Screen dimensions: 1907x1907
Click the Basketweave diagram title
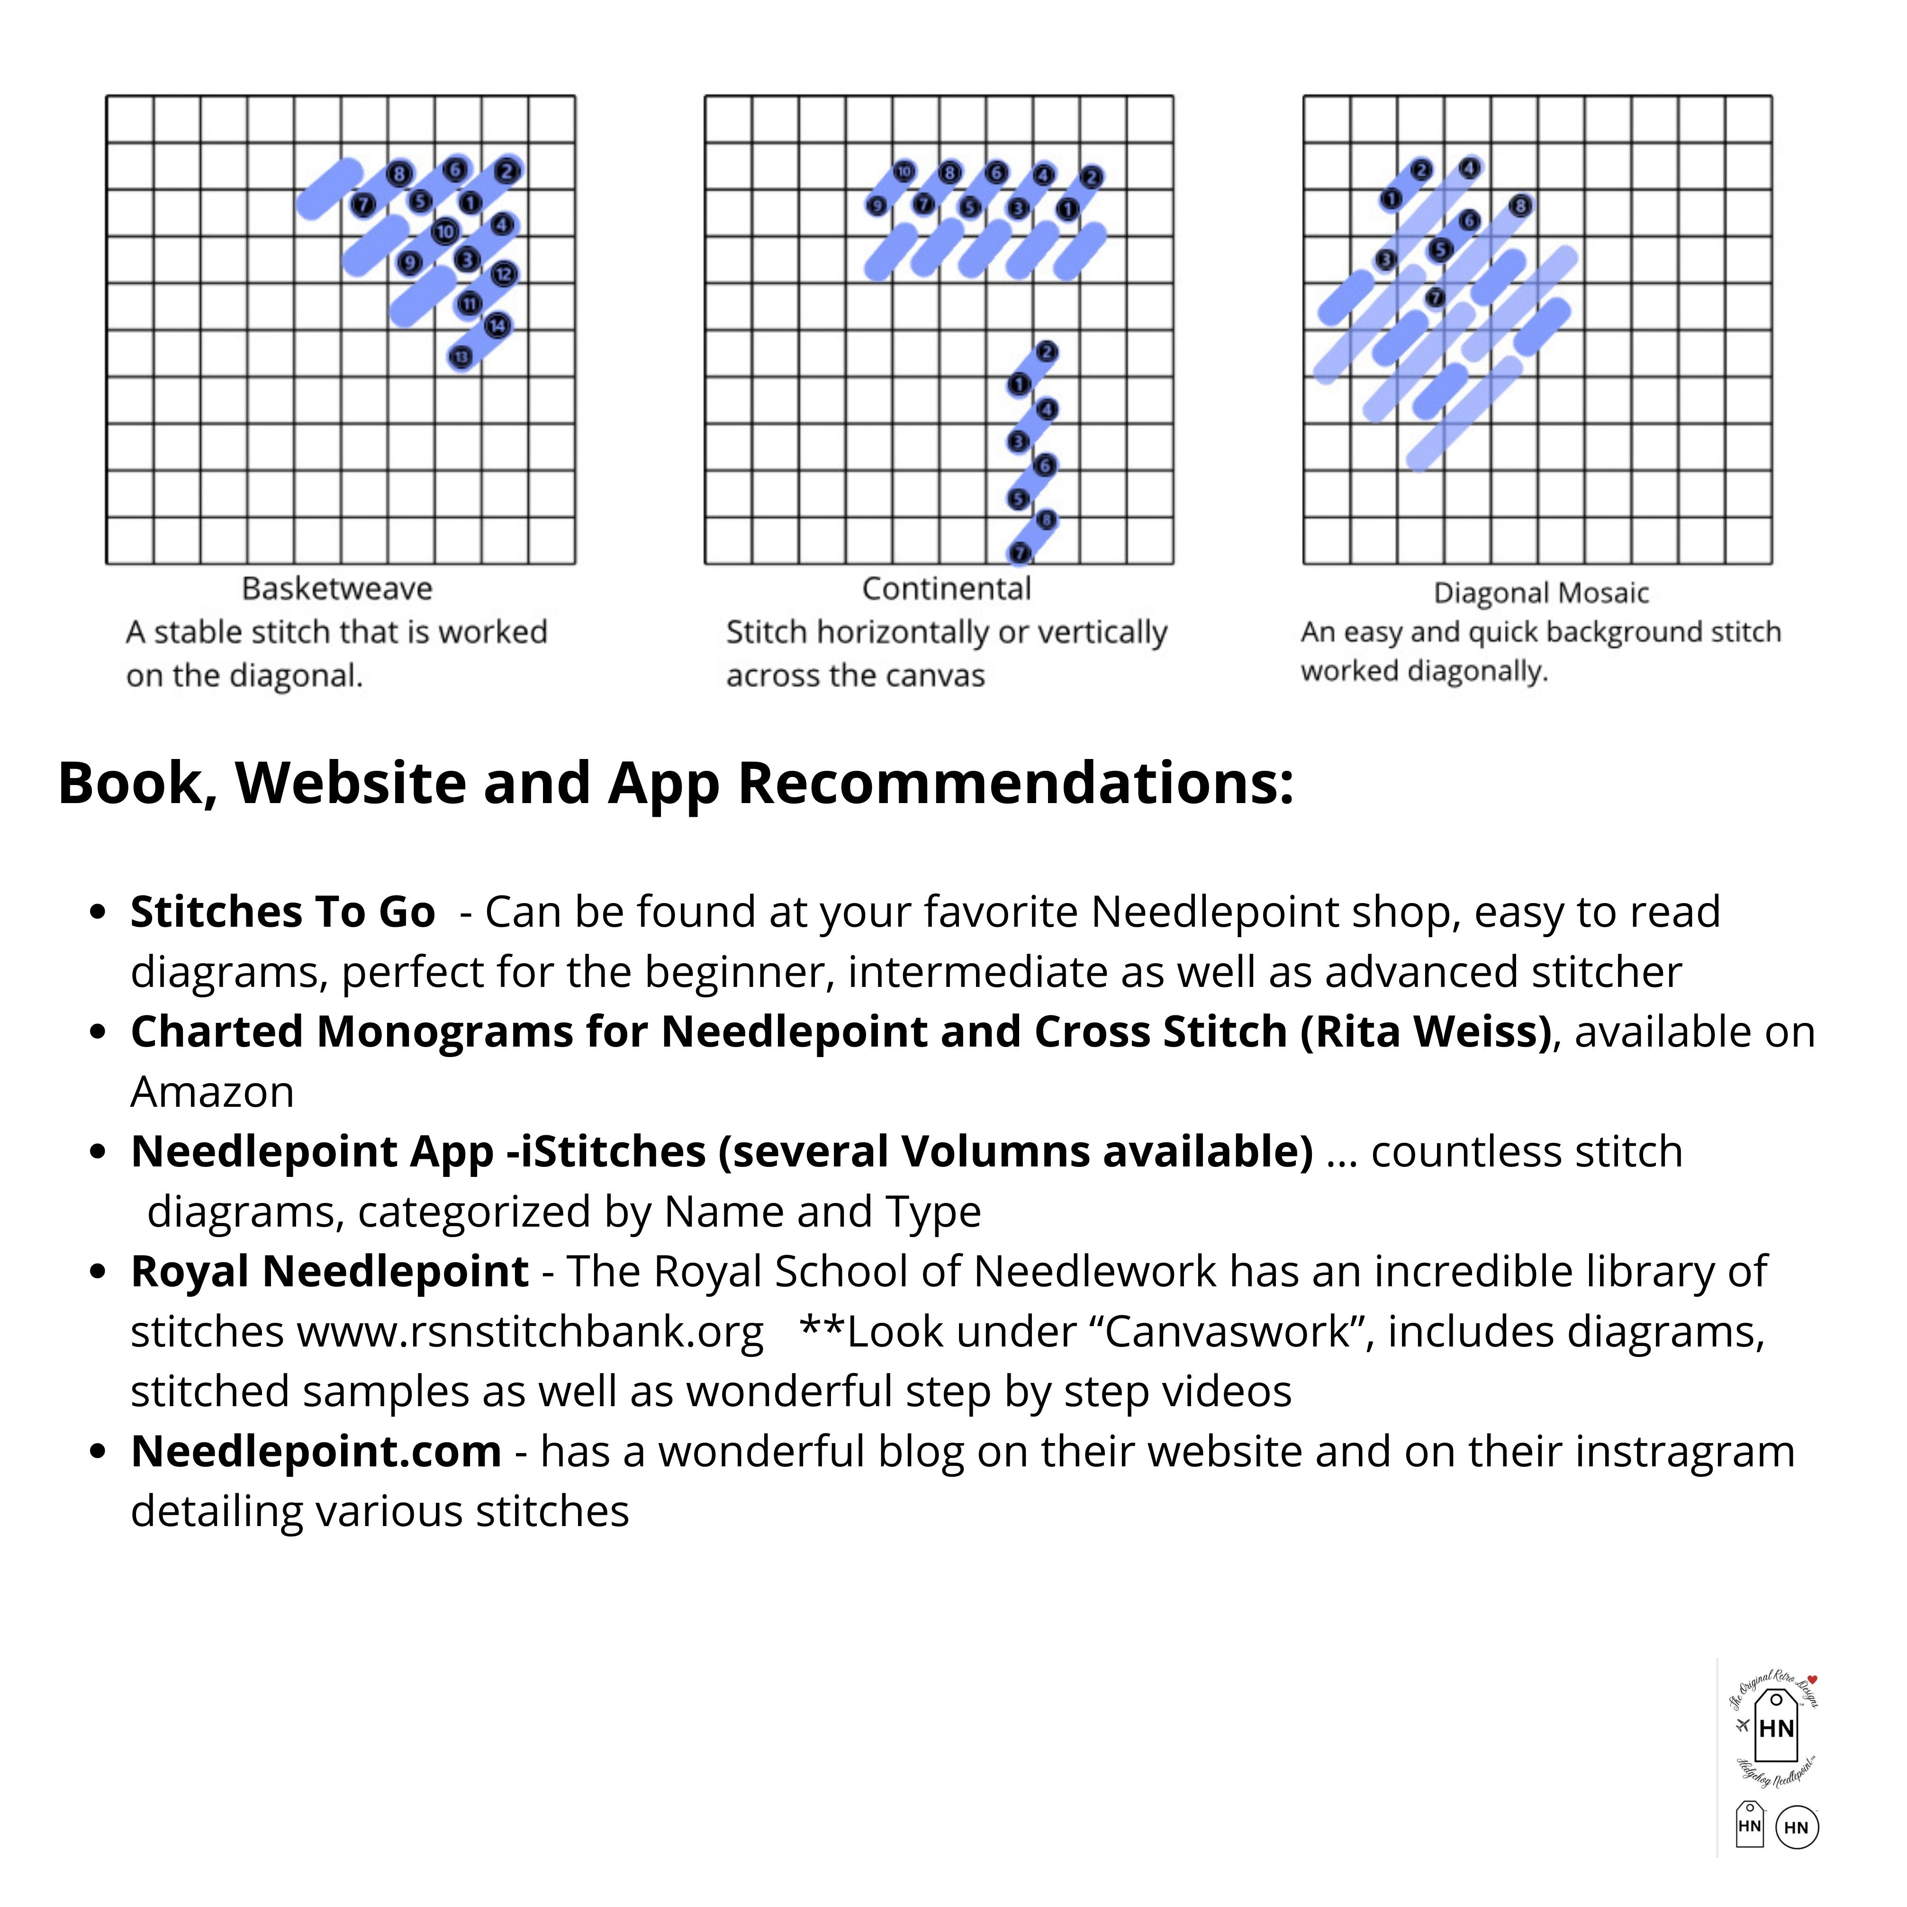pyautogui.click(x=337, y=589)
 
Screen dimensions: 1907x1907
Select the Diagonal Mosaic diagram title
pyautogui.click(x=1541, y=593)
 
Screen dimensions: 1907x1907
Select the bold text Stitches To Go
pyautogui.click(x=282, y=912)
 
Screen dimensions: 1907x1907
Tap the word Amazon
pyautogui.click(x=212, y=1093)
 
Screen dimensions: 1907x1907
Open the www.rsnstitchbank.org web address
pyautogui.click(x=530, y=1332)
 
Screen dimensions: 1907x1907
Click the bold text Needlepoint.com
pyautogui.click(x=316, y=1452)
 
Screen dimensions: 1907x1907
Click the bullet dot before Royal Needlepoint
pyautogui.click(x=97, y=1272)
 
